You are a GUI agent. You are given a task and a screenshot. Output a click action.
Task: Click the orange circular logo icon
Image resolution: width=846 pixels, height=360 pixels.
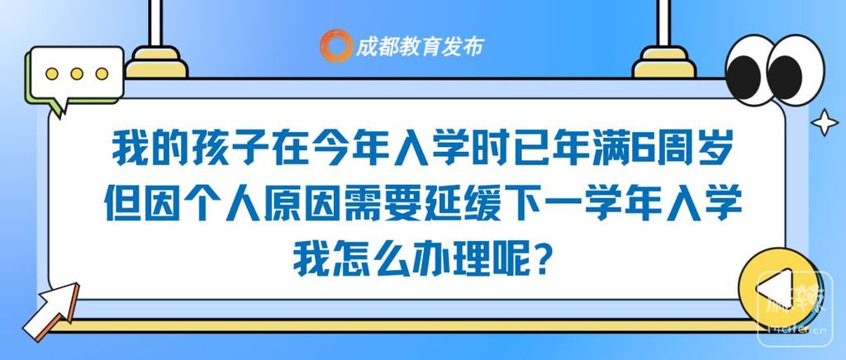(336, 45)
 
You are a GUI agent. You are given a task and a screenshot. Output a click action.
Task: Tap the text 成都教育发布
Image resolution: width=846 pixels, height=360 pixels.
(419, 47)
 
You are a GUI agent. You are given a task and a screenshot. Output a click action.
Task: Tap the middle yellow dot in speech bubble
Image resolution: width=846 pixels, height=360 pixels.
(77, 73)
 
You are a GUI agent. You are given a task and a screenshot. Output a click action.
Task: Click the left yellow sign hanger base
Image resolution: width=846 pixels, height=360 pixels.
(156, 63)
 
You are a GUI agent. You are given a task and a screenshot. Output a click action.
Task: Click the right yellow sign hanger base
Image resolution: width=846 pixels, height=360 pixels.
(664, 63)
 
